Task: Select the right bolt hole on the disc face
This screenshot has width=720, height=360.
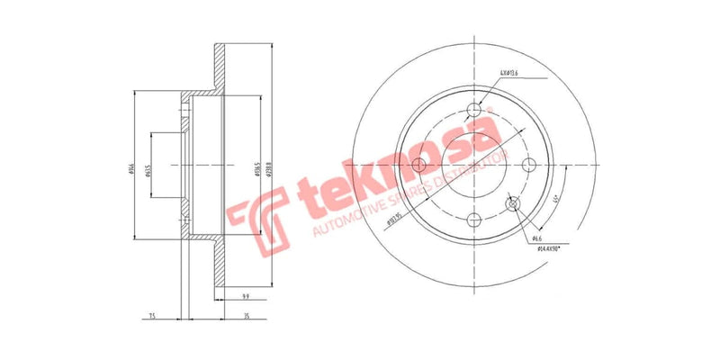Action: [x=530, y=165]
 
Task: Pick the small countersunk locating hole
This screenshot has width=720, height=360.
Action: [x=514, y=205]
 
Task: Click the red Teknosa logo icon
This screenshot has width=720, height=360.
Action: [x=254, y=215]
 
